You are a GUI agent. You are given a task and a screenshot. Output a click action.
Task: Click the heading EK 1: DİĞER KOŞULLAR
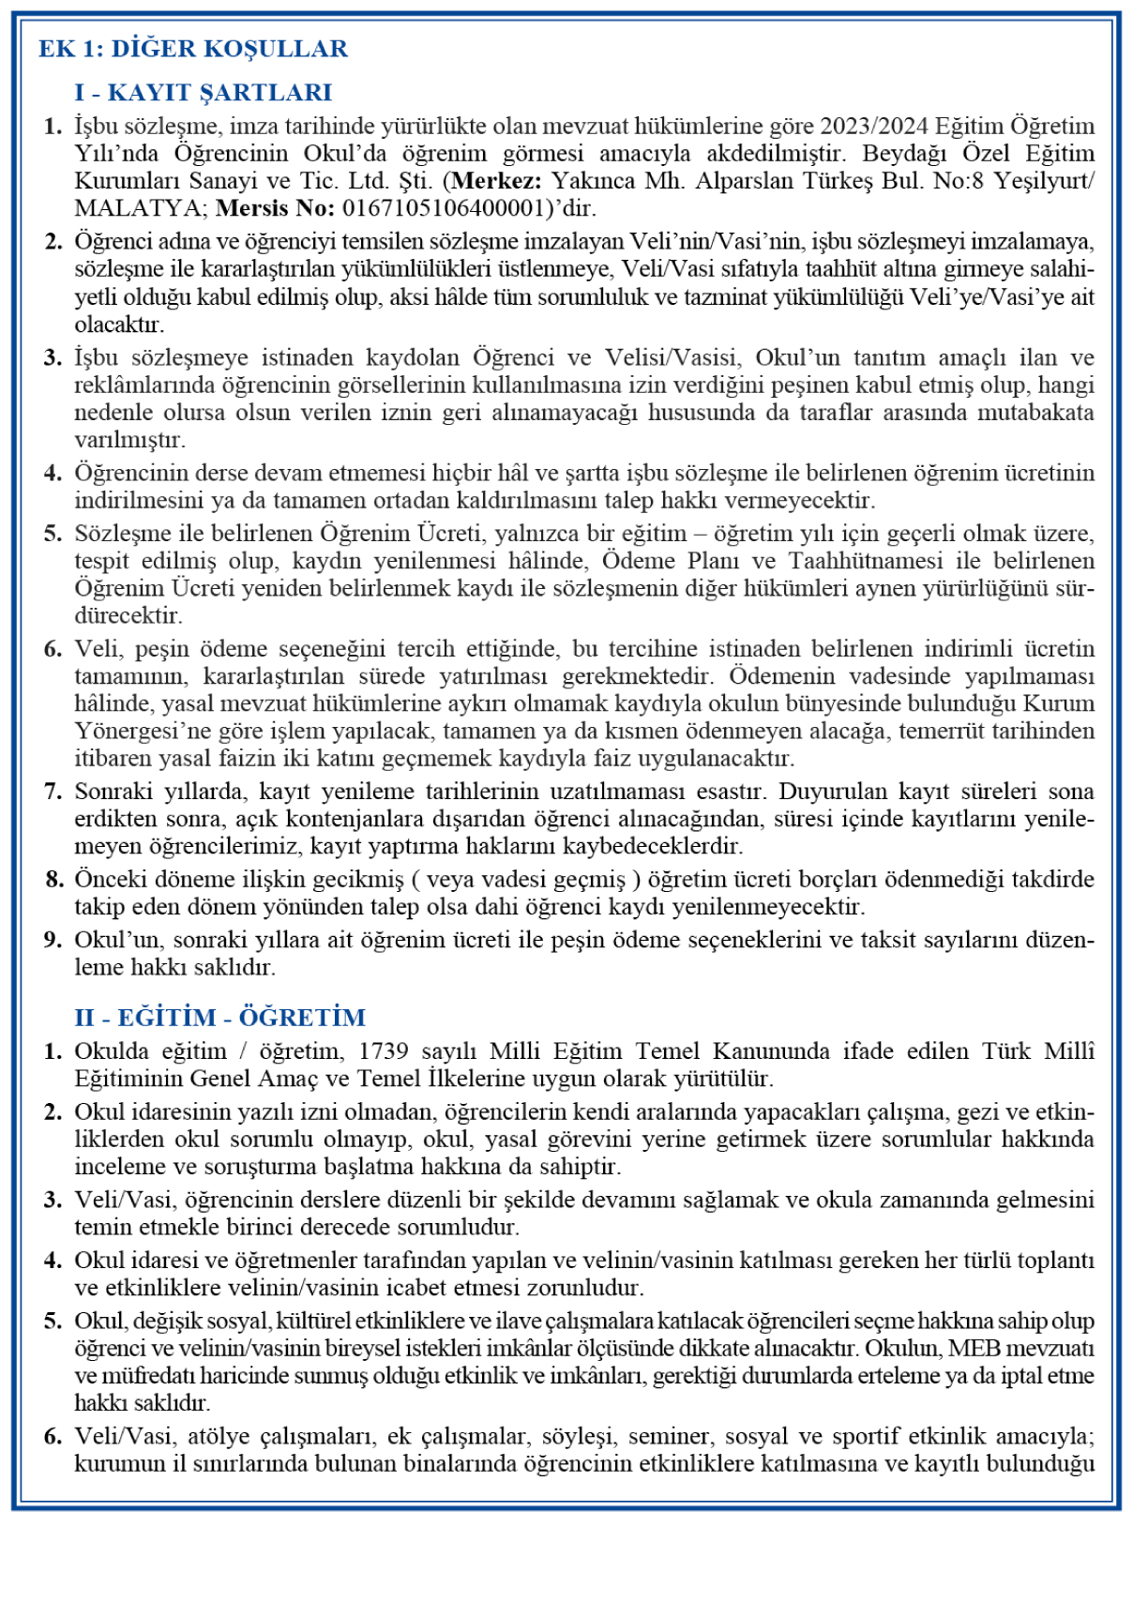tap(192, 49)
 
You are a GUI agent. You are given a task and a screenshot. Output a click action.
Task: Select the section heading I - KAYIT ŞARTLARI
tap(204, 93)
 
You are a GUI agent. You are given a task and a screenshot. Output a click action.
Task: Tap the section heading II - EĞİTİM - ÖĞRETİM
tap(219, 1018)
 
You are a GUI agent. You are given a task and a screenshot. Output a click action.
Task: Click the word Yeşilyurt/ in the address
tap(1043, 181)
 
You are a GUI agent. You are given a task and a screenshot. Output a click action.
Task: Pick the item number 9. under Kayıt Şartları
tap(53, 940)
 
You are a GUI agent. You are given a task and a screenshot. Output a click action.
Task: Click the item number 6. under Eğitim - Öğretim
tap(53, 1437)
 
